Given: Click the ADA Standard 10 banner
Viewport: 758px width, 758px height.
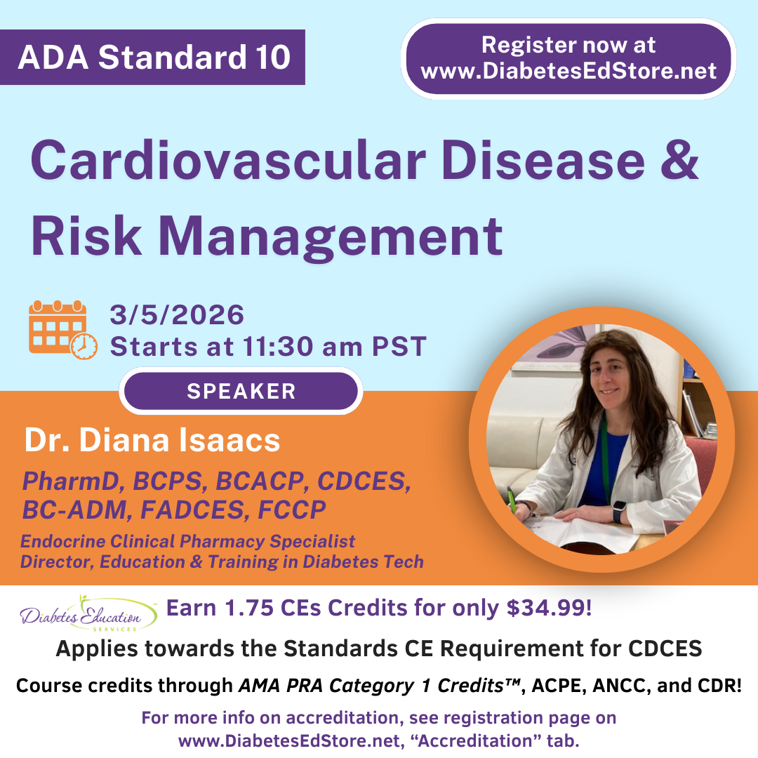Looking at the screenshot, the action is (152, 57).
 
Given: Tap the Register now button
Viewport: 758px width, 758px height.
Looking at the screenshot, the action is (568, 58).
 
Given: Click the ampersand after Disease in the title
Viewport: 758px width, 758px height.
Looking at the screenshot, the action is (679, 159).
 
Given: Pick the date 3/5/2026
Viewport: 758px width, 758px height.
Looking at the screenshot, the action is (177, 315).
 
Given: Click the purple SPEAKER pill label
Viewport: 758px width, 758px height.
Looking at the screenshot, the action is (241, 391).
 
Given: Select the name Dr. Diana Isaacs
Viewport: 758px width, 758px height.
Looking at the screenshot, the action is (152, 440).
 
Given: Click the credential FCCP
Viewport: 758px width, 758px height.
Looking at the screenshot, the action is (292, 510).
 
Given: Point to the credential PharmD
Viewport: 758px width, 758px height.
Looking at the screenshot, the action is (71, 481).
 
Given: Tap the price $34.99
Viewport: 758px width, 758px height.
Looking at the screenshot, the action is (549, 608).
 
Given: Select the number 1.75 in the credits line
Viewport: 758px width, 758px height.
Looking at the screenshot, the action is (249, 608).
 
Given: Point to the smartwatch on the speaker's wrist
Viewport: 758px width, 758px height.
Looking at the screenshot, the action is (619, 511).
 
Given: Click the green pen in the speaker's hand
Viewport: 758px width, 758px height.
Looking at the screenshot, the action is (512, 501).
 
